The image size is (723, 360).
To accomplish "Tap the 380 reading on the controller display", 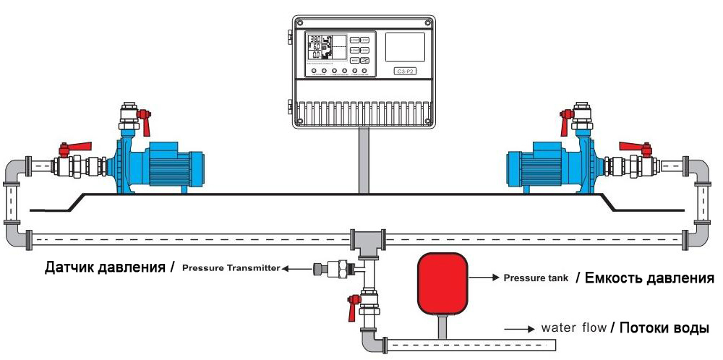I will coord(316,40).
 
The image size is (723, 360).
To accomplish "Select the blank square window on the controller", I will coord(405,47).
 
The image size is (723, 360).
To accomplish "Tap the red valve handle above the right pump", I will coord(564,120).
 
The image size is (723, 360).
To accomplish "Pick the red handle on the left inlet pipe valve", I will coord(75,148).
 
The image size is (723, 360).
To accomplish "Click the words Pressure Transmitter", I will coord(231,268).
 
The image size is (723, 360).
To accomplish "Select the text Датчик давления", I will coord(106,267).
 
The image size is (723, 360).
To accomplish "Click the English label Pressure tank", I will coord(535,278).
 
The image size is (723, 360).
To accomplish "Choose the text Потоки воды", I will coord(663,328).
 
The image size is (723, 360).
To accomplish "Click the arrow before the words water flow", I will coord(519,329).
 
